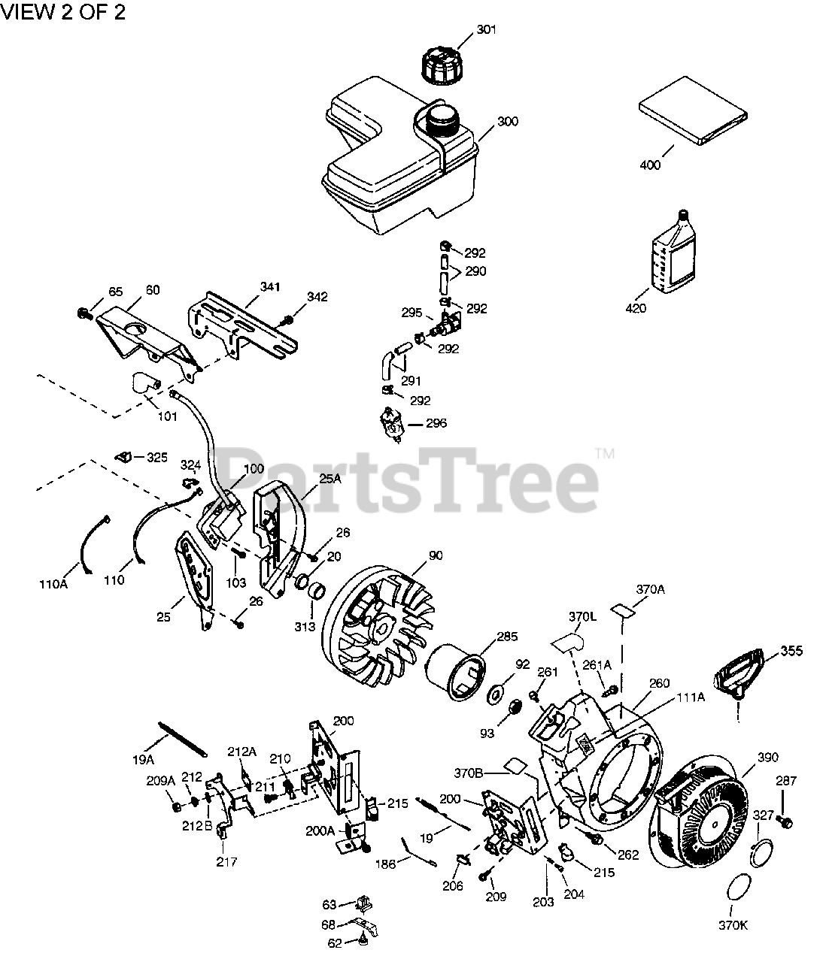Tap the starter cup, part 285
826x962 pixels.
coord(456,670)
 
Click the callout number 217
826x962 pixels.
coord(226,862)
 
